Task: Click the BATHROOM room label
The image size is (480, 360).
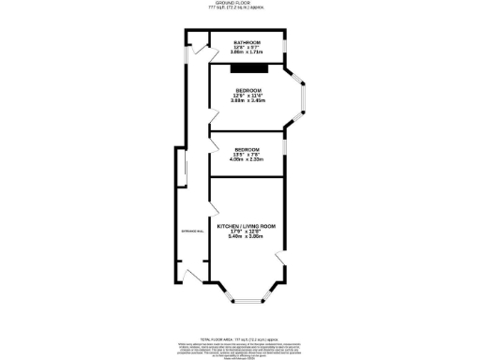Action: click(247, 42)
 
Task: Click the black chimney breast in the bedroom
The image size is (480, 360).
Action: click(250, 67)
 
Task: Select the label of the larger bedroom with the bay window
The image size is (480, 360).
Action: click(247, 90)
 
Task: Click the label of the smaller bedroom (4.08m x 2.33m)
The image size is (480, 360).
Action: click(247, 150)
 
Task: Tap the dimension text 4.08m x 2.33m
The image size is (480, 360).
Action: click(247, 160)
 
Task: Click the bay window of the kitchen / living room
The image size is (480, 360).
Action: click(247, 299)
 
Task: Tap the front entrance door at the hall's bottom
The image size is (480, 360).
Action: click(192, 277)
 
